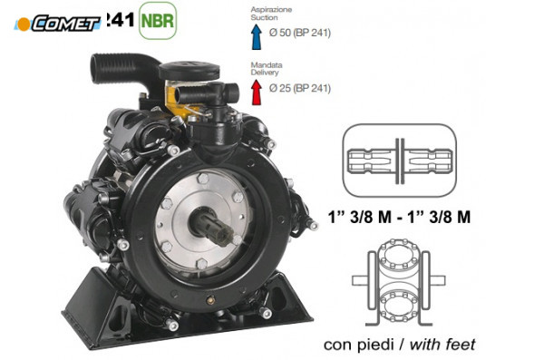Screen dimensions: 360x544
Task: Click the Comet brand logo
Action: pyautogui.click(x=56, y=23)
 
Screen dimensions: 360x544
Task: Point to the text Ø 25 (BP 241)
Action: pyautogui.click(x=299, y=89)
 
